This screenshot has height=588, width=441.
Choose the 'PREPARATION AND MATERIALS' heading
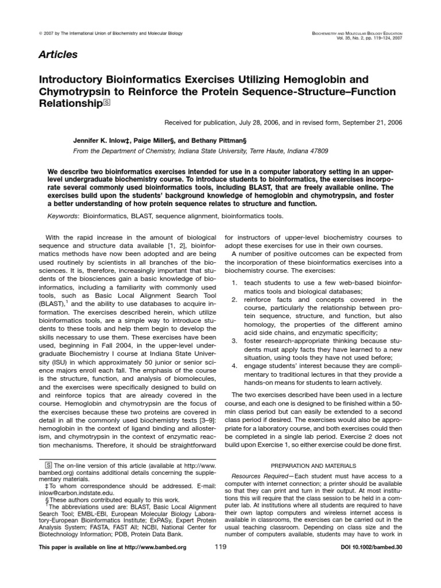point(314,466)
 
